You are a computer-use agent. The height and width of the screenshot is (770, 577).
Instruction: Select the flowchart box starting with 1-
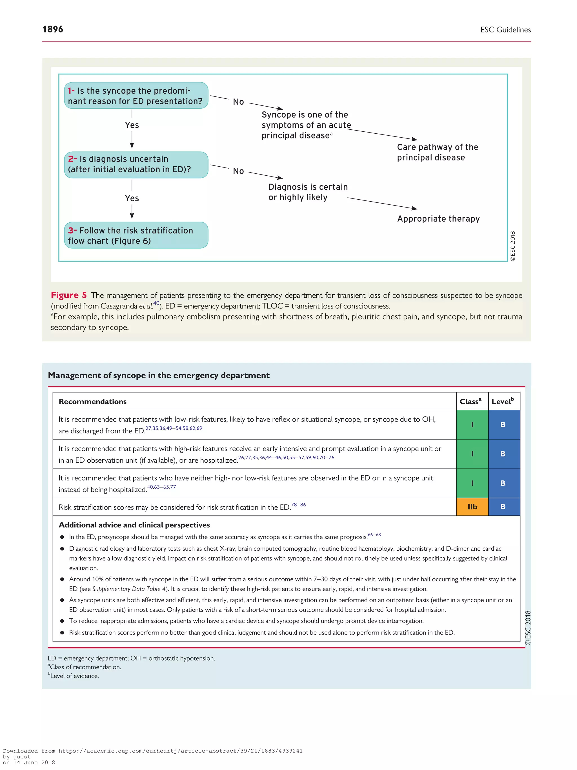coord(136,96)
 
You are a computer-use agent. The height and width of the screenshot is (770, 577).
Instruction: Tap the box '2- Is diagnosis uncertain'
coord(136,164)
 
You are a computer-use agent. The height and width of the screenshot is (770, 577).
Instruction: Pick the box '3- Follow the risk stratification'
coord(136,235)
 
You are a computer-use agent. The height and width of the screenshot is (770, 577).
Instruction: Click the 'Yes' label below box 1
coord(132,125)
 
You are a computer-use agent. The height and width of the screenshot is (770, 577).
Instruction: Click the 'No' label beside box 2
coord(238,171)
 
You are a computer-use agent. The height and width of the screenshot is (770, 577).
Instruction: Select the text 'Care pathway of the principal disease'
coord(437,152)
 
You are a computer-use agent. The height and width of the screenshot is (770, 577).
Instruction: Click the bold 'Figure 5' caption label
coord(68,295)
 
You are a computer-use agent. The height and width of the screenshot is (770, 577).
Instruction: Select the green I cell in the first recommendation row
coord(472,424)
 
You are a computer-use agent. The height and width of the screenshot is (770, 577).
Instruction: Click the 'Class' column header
coord(470,401)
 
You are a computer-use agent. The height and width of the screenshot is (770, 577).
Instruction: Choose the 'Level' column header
coord(502,401)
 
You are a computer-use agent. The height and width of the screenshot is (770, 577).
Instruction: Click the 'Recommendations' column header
coord(92,401)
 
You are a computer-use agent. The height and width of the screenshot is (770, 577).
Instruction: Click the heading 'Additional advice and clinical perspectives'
coord(134,525)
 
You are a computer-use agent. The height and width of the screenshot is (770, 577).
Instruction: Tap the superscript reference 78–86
coord(298,504)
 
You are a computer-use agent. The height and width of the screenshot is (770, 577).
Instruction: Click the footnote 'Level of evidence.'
coord(74,676)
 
